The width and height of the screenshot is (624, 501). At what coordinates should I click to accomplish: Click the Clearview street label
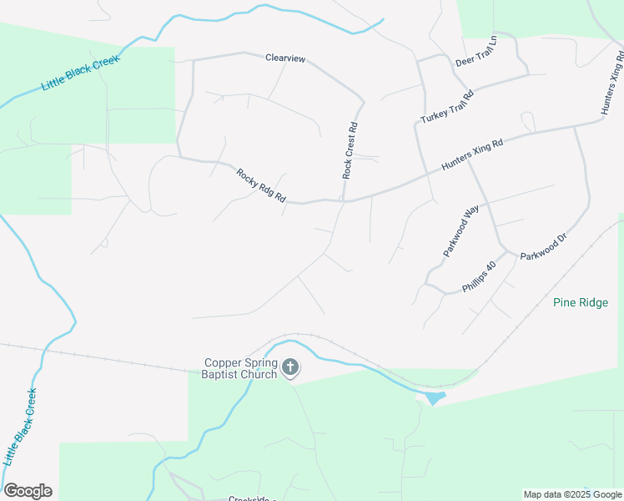(x=285, y=58)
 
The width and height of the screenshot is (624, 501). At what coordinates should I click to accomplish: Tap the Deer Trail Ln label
(x=476, y=51)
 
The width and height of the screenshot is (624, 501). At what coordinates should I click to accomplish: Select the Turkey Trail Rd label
(x=447, y=107)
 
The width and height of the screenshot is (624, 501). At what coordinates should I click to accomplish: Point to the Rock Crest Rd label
(x=350, y=151)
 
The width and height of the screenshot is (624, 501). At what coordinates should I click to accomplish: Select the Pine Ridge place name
(x=587, y=302)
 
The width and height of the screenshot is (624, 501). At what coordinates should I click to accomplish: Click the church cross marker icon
(x=290, y=367)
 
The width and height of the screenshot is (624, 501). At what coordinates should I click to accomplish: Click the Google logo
(x=28, y=491)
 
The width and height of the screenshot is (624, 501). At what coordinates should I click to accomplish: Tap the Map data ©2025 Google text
(x=572, y=494)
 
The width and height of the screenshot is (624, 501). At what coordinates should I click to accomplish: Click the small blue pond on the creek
(x=435, y=398)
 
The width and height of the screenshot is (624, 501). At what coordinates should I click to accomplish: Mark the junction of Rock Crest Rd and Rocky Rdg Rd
(x=345, y=200)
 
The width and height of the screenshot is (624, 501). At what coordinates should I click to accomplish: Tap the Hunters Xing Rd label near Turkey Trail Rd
(x=472, y=155)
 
